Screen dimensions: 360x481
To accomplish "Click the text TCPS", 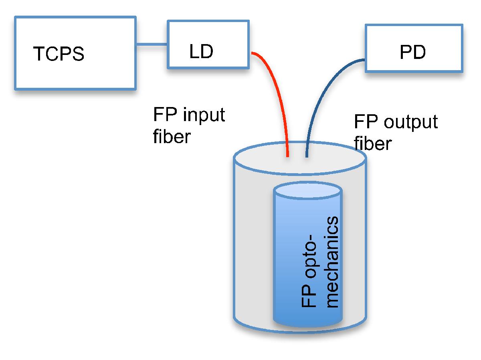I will [x=59, y=54].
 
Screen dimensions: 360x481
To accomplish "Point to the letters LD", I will [x=201, y=52].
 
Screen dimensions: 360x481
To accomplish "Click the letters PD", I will [x=412, y=53].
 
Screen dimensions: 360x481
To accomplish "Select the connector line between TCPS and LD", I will [x=152, y=43].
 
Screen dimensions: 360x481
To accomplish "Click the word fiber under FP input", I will [x=171, y=136].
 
